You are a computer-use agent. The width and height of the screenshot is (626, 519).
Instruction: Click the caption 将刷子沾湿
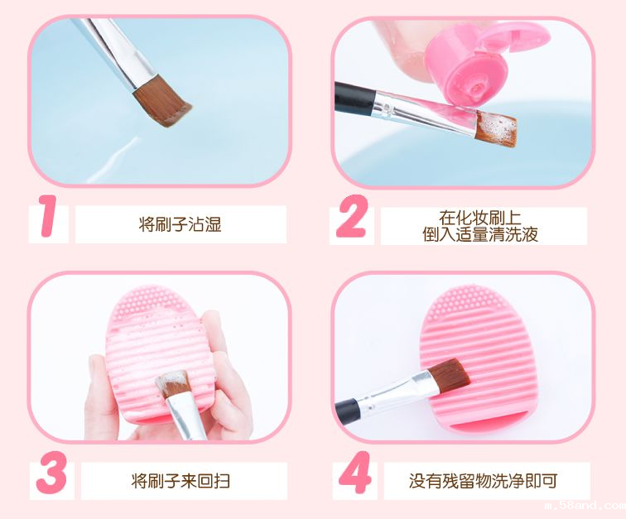click(x=181, y=224)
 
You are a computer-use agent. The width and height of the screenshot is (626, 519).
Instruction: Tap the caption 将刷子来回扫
click(x=181, y=480)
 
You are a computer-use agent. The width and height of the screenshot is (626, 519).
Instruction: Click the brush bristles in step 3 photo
click(x=174, y=384)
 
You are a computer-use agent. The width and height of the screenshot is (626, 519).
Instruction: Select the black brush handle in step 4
click(x=348, y=407)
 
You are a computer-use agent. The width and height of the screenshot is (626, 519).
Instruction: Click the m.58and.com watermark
click(x=593, y=505)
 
